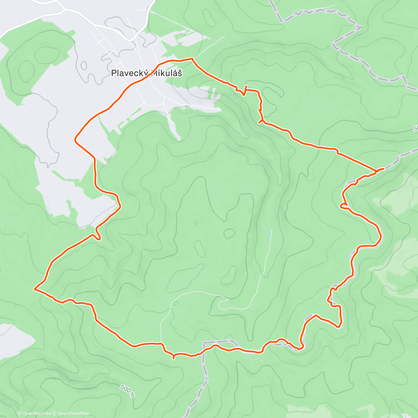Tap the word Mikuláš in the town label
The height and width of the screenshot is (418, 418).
(167, 73)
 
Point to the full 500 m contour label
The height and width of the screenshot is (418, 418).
(127, 391)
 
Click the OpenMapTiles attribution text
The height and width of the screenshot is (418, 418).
(37, 413)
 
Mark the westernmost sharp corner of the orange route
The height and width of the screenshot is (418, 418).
(34, 289)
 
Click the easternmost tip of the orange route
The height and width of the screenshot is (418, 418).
(383, 169)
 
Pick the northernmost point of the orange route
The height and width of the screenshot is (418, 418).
(191, 59)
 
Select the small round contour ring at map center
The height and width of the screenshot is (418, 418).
(229, 233)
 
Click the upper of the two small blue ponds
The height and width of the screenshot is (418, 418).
(269, 233)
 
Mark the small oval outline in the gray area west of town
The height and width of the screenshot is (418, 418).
(84, 65)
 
